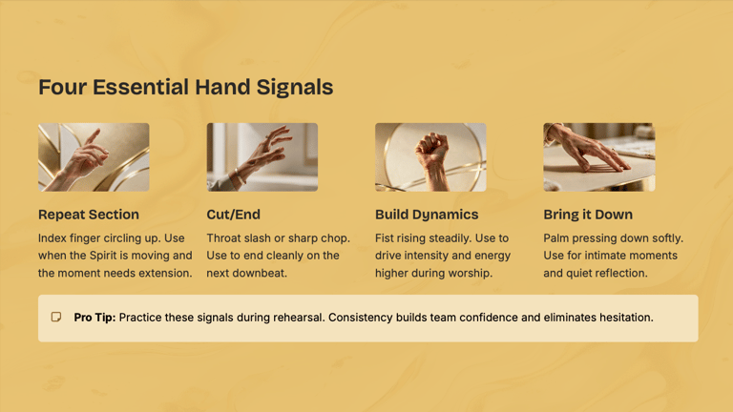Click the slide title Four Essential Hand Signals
[x=185, y=88]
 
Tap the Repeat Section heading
[x=89, y=215]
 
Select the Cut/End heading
[x=233, y=215]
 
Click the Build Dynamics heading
[x=427, y=215]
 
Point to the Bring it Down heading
[x=588, y=215]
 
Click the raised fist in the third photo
[x=432, y=150]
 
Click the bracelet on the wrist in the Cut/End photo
[x=240, y=176]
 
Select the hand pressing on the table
[x=590, y=149]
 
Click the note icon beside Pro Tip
[x=56, y=318]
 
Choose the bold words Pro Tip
[x=94, y=318]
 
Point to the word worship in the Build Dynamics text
[x=474, y=274]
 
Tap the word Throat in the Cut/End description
[x=221, y=238]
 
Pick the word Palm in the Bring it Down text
[x=555, y=238]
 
